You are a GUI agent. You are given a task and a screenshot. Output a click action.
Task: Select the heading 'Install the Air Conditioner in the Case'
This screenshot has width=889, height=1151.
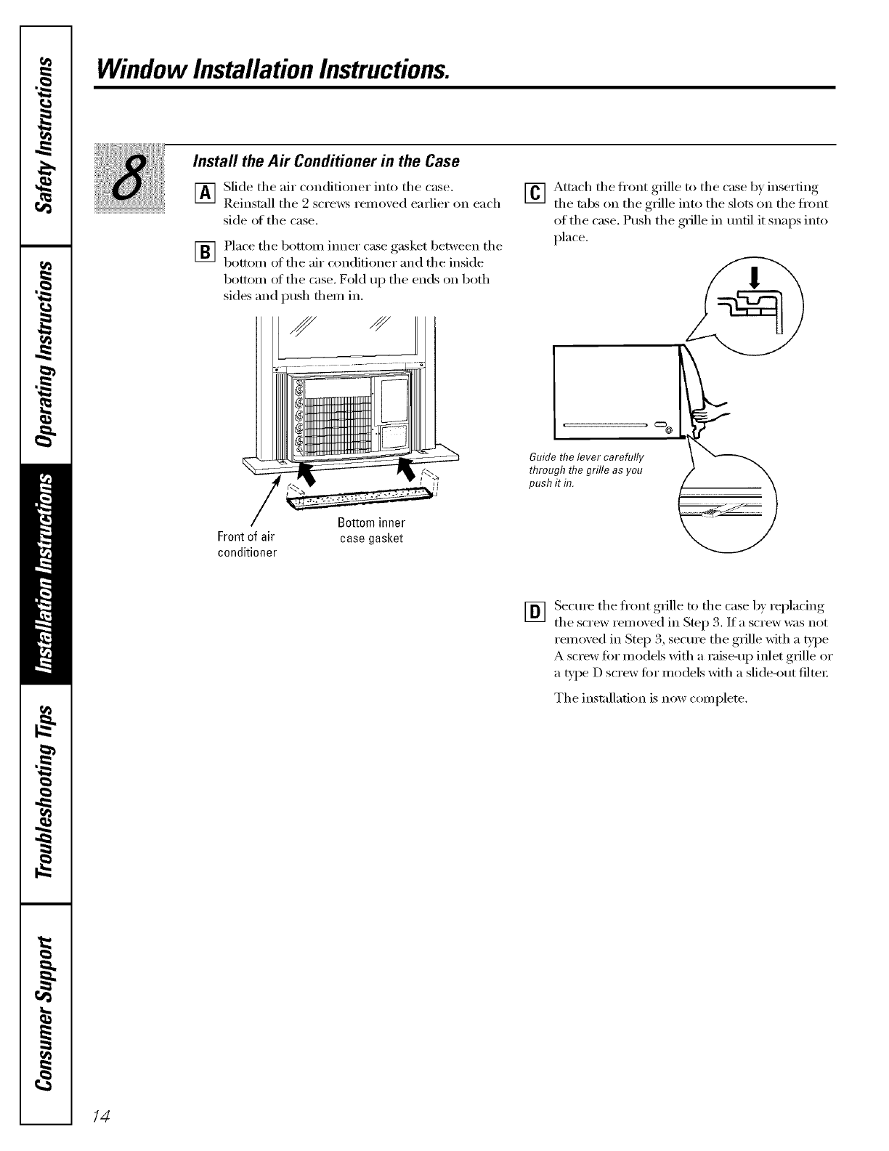coord(325,161)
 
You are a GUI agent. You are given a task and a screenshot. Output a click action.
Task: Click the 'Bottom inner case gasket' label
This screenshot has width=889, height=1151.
coord(371,530)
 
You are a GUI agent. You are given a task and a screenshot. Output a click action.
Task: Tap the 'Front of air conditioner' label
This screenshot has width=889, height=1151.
coord(247,544)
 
